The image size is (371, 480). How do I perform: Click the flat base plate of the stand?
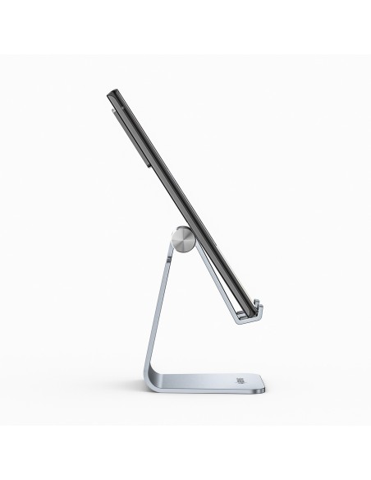[222, 385]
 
